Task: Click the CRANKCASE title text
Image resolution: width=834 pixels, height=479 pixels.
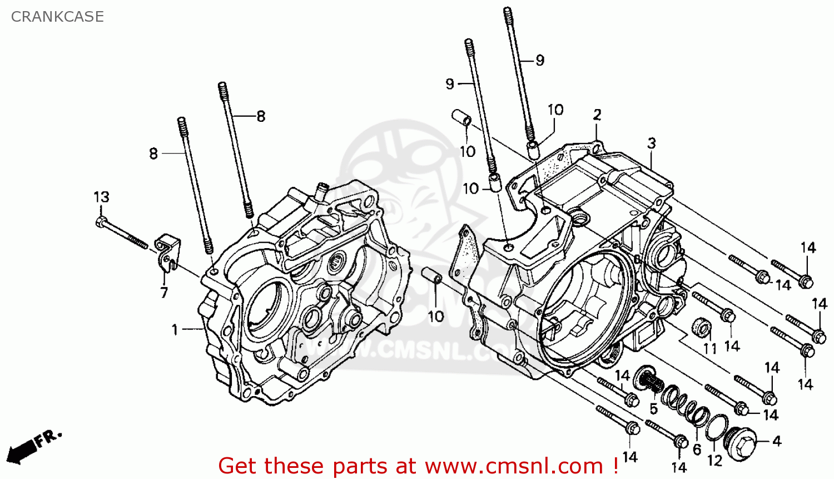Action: pos(57,17)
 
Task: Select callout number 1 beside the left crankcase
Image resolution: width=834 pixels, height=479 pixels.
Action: pos(175,330)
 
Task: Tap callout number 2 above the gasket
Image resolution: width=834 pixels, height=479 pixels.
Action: pos(597,115)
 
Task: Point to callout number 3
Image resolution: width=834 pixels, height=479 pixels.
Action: pos(652,144)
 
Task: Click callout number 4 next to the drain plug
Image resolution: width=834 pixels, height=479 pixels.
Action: pos(777,441)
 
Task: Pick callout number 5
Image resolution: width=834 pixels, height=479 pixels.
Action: pos(653,409)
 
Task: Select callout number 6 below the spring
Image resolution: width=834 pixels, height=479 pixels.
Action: pos(697,449)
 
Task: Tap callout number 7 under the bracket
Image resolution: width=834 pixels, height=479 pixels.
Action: pos(164,293)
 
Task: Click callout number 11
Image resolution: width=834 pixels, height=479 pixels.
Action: pos(710,349)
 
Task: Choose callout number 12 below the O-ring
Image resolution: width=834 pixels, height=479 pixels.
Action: pos(714,461)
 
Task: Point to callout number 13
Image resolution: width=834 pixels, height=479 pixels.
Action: pos(101,197)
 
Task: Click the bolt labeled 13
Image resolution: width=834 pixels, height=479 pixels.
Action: pos(122,233)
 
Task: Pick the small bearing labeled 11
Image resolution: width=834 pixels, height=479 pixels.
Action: pos(702,327)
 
